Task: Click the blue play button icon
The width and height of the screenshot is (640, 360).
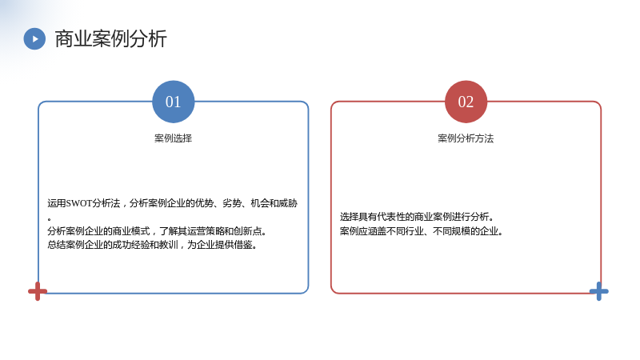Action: coord(34,38)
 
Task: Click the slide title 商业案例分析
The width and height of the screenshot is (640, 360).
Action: coord(110,38)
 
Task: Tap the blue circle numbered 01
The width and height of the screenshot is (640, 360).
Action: coord(173,102)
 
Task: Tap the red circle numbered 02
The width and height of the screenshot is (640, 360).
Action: coord(466,102)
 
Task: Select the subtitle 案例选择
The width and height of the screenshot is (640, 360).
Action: coord(173,138)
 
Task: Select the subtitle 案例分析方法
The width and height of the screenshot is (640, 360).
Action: coord(466,138)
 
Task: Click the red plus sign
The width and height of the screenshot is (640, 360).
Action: coord(38,291)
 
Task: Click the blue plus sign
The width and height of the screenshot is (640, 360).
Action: coord(598,291)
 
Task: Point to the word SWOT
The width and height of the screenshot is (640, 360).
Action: coord(78,203)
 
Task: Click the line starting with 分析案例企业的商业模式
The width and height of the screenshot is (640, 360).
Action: coord(157,231)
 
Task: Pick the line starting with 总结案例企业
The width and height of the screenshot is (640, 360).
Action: coord(152,245)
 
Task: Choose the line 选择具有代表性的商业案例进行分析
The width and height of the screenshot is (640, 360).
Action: coord(417,217)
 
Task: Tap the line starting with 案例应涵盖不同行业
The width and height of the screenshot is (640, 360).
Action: coord(422,231)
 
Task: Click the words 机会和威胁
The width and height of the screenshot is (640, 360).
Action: coord(274,203)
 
